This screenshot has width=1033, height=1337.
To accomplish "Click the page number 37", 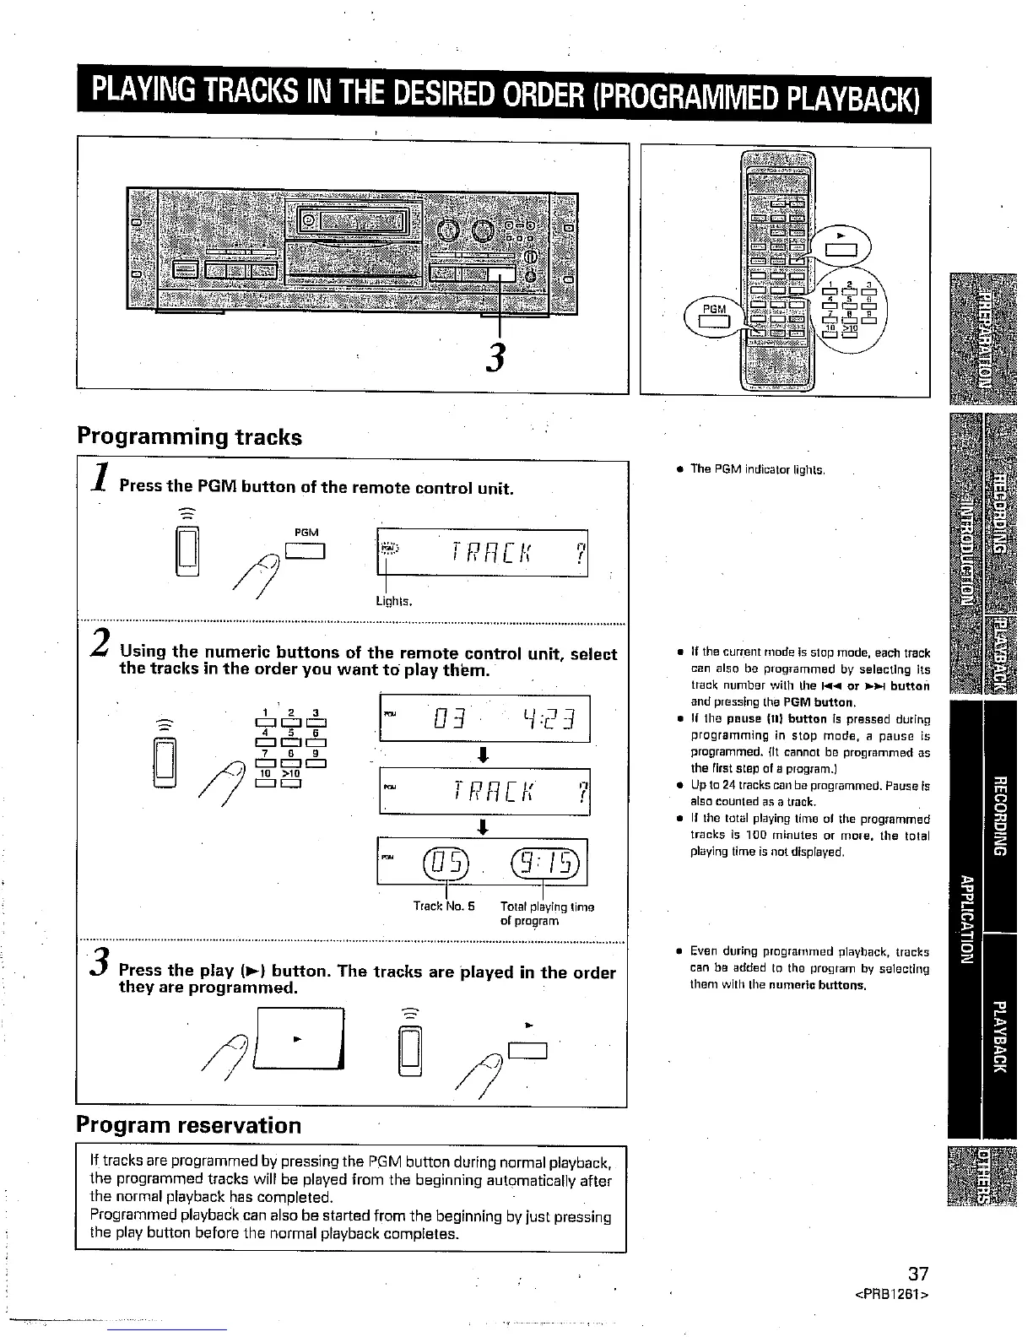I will click(x=917, y=1275).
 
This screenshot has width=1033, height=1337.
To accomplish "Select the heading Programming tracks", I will click(x=189, y=437).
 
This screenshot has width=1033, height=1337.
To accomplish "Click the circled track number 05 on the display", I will click(x=446, y=863).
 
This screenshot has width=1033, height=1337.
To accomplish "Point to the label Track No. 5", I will click(x=444, y=907).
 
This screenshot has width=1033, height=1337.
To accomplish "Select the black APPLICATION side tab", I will click(x=965, y=920).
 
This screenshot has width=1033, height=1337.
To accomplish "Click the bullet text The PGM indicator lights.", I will click(x=756, y=469).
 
